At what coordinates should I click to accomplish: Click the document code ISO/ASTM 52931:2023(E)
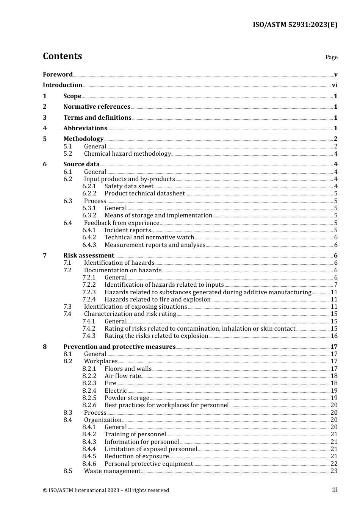tap(295, 25)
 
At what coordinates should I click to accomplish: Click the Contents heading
tap(62, 56)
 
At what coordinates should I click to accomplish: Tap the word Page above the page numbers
tap(331, 57)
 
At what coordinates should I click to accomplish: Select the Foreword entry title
tap(58, 74)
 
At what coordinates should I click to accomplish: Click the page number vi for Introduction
tap(334, 85)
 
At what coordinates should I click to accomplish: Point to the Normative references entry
tap(97, 107)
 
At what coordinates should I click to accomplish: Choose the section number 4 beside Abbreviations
tap(45, 128)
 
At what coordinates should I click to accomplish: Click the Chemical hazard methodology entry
tap(127, 154)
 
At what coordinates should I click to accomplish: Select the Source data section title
tap(81, 164)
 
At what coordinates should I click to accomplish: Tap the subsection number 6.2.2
tap(89, 194)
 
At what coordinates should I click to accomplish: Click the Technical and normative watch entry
tap(149, 237)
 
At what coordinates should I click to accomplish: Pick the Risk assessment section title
tap(89, 256)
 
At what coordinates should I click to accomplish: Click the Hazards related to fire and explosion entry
tap(157, 300)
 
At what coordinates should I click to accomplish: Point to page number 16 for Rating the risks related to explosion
tap(334, 336)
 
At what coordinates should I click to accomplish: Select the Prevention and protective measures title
tap(119, 347)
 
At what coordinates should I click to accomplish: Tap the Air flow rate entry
tap(123, 376)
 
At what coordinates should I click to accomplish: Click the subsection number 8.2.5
tap(89, 398)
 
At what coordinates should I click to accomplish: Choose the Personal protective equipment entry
tap(149, 464)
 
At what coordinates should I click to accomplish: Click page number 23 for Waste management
tap(334, 471)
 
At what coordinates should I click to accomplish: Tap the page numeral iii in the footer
tap(335, 490)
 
